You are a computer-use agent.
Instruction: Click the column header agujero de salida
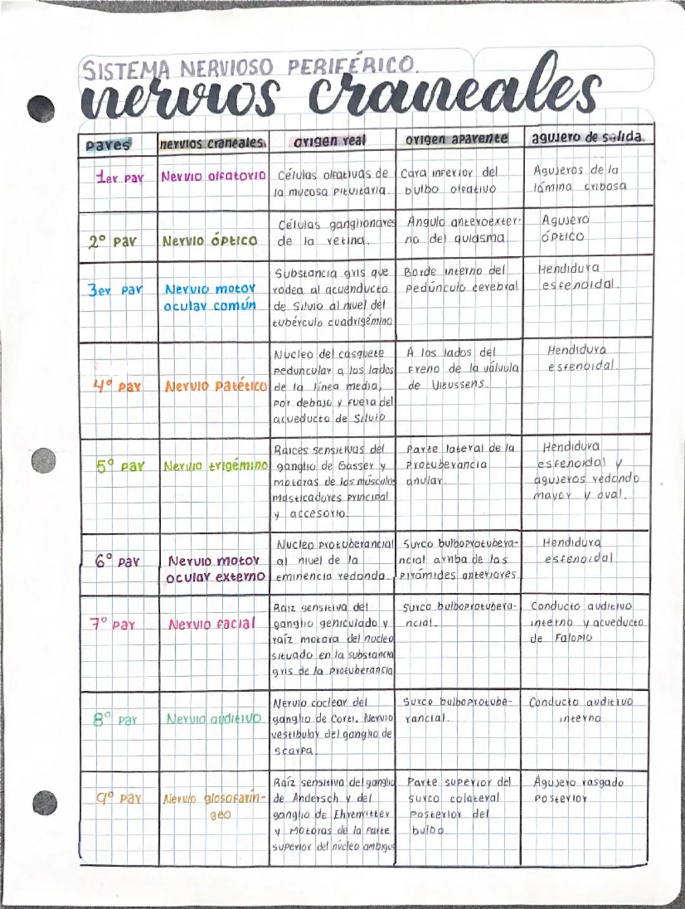pyautogui.click(x=588, y=137)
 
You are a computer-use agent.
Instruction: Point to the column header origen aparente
pyautogui.click(x=457, y=138)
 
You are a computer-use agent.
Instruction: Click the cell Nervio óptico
pyautogui.click(x=210, y=241)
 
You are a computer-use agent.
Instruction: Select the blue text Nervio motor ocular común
pyautogui.click(x=210, y=297)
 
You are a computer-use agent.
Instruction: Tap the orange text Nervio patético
pyautogui.click(x=216, y=386)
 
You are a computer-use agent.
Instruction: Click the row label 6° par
pyautogui.click(x=117, y=562)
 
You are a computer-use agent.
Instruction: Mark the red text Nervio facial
pyautogui.click(x=212, y=624)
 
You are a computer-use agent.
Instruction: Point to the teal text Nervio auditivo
pyautogui.click(x=214, y=719)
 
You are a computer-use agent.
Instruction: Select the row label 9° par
pyautogui.click(x=119, y=798)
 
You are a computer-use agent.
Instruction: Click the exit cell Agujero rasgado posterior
pyautogui.click(x=578, y=790)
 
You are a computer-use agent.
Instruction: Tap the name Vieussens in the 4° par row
pyautogui.click(x=458, y=385)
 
